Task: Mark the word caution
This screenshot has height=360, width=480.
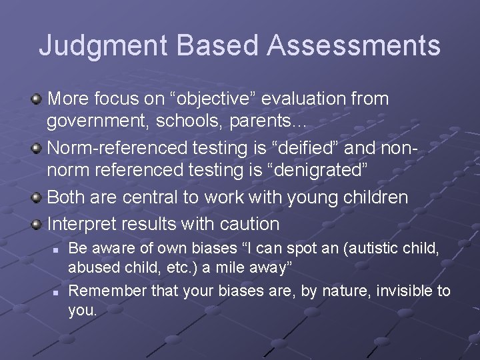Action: point(247,224)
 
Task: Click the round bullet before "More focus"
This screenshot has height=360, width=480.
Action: point(37,99)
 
